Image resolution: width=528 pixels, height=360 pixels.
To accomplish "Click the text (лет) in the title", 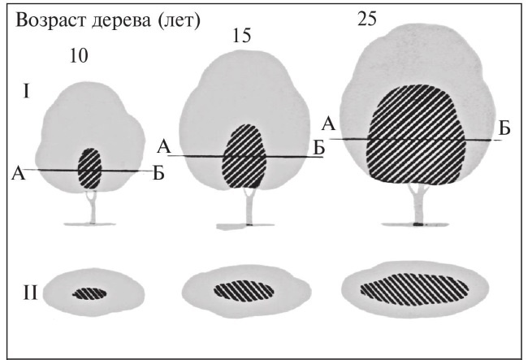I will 181,19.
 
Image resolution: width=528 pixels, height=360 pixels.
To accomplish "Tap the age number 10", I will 78,56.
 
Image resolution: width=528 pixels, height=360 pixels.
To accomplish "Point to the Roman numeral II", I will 31,291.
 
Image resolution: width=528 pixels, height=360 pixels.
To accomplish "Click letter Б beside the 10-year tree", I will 158,171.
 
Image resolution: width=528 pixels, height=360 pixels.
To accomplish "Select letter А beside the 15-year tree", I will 163,147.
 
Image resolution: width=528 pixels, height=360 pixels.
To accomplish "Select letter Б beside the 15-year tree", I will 319,147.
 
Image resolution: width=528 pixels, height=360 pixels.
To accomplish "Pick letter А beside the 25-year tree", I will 328,124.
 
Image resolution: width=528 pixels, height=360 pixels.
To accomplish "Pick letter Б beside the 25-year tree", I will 504,128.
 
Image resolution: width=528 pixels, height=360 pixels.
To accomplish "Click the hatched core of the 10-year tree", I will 89,169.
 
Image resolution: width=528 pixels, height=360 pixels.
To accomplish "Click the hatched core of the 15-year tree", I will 245,156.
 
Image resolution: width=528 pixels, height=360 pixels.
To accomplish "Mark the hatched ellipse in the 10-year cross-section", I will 89,293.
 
